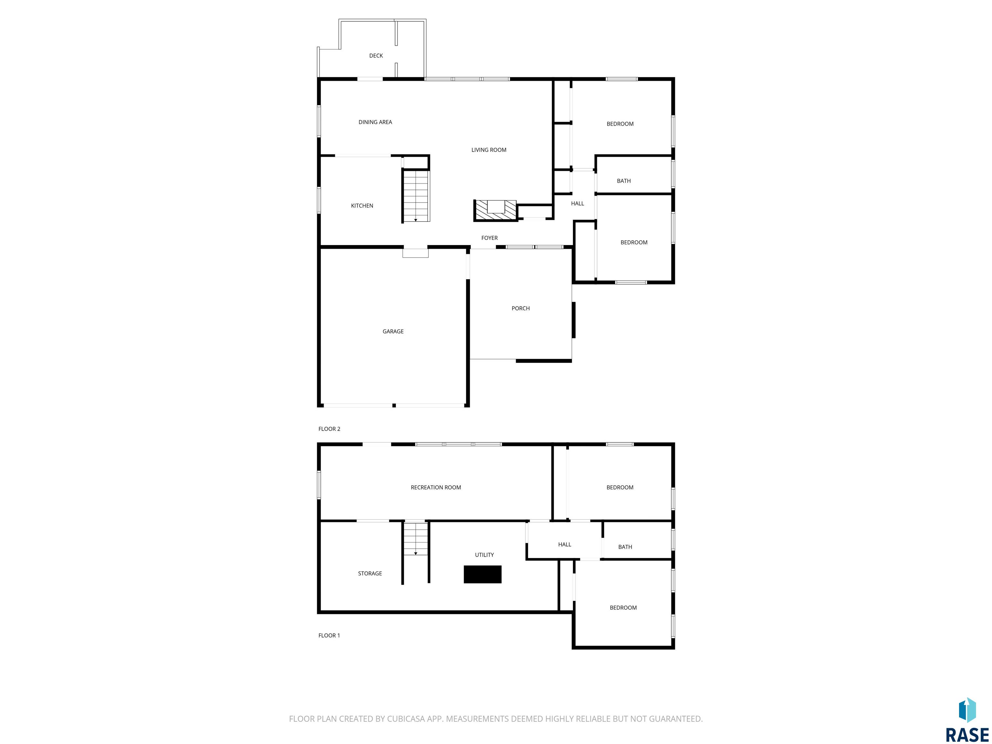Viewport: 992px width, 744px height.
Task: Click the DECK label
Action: click(376, 56)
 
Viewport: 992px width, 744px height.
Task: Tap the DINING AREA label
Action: click(375, 122)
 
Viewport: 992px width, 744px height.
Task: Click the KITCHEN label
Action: click(362, 206)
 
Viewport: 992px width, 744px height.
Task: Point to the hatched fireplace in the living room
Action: click(495, 210)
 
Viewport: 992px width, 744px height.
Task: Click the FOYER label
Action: click(489, 238)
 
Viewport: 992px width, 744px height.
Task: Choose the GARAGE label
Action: click(393, 331)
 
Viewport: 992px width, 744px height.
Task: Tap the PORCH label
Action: click(521, 308)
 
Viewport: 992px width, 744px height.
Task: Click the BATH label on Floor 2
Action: click(624, 181)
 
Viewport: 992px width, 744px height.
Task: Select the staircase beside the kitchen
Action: click(416, 196)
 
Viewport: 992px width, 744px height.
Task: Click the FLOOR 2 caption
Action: click(329, 429)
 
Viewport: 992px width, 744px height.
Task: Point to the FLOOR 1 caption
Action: click(329, 635)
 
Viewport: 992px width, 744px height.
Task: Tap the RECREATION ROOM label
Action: click(436, 488)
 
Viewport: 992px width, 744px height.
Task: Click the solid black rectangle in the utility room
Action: click(482, 574)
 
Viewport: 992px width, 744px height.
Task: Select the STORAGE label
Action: click(370, 573)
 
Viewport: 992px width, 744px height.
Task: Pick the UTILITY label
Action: click(484, 555)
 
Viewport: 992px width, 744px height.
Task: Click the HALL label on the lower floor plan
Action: click(564, 545)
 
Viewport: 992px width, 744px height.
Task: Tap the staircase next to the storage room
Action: click(416, 539)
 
